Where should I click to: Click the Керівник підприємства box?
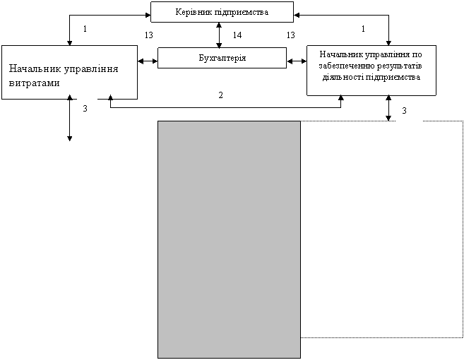tap(222, 12)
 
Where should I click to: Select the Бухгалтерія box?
tap(222, 58)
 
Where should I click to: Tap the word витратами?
tap(35, 83)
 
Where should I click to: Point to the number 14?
tap(237, 35)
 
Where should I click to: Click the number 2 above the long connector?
tap(220, 95)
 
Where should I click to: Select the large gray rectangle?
tap(229, 239)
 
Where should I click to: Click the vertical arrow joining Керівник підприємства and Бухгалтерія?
tap(219, 35)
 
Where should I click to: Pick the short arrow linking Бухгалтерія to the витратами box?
tap(148, 61)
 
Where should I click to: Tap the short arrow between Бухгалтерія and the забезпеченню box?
tap(297, 61)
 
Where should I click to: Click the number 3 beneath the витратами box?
tap(85, 109)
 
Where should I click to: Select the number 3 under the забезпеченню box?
tap(404, 111)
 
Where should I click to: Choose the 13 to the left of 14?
tap(149, 35)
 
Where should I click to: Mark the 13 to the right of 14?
tap(290, 35)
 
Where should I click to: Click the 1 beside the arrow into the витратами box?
tap(85, 29)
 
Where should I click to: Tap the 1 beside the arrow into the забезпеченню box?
tap(363, 29)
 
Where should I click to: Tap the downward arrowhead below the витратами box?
tap(69, 138)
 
